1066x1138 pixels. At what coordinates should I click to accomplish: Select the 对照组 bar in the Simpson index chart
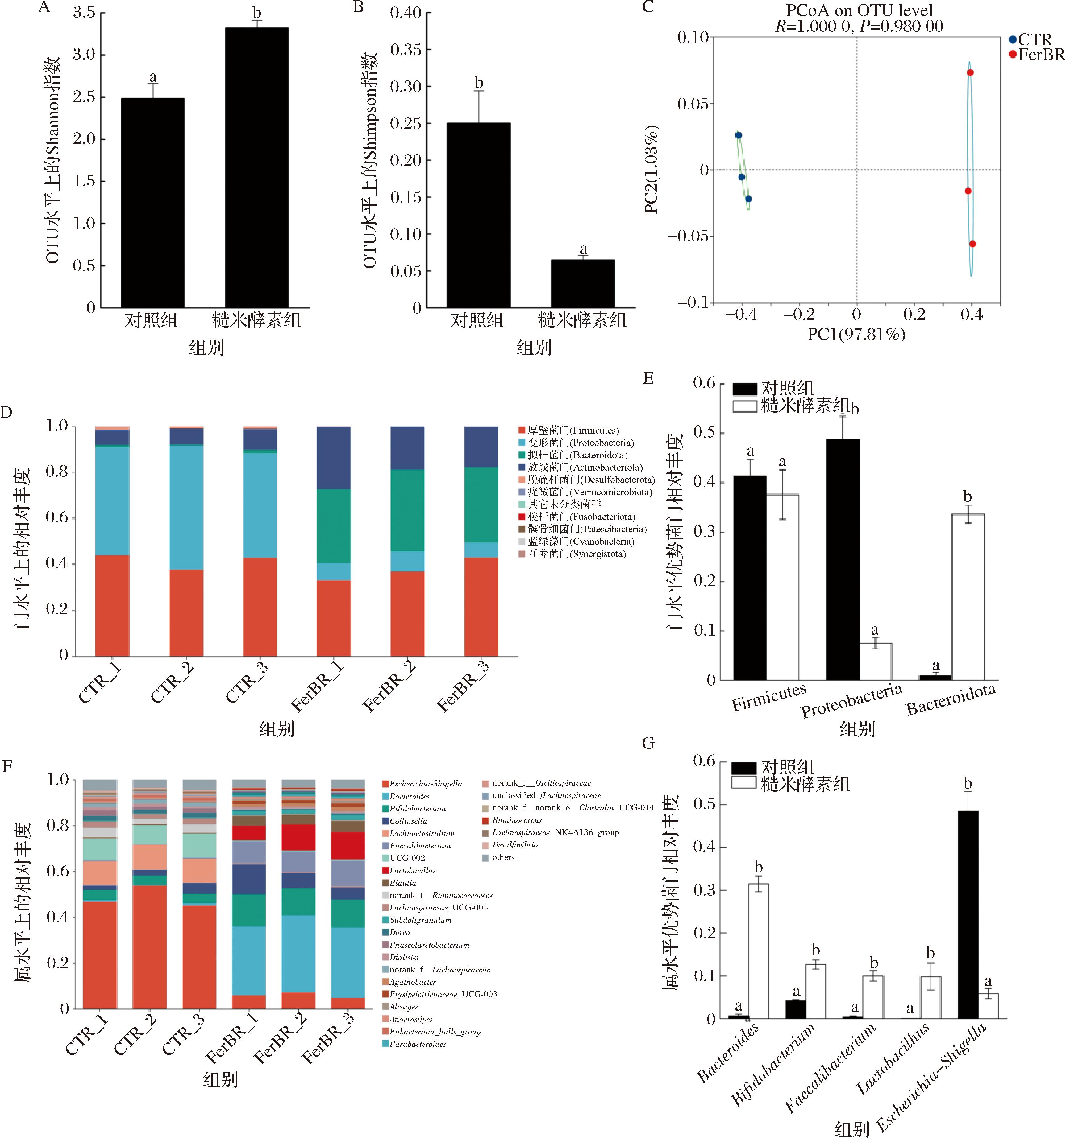[478, 215]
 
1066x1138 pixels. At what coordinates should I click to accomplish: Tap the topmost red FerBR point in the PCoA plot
[970, 73]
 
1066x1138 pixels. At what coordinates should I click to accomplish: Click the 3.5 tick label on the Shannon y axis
[84, 13]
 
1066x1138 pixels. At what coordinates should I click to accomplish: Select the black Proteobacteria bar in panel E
[843, 559]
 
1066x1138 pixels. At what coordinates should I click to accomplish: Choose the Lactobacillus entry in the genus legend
[412, 871]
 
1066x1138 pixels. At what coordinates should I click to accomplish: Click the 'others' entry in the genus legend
[503, 857]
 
